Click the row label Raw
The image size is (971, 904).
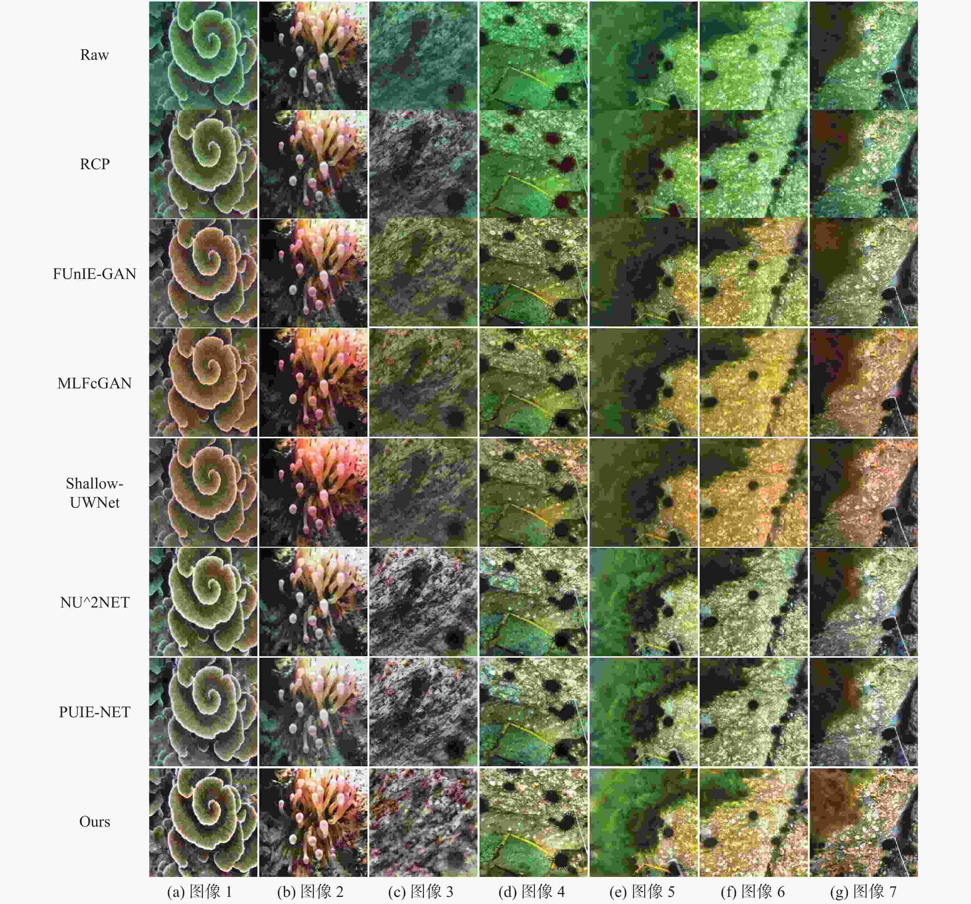click(x=94, y=55)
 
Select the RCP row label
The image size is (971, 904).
click(x=94, y=164)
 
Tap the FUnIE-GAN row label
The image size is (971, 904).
click(x=94, y=273)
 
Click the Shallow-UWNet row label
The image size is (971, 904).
click(x=94, y=493)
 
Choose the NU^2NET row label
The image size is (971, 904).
click(x=94, y=602)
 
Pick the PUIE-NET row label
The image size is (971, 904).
click(x=94, y=712)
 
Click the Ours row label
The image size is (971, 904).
click(x=94, y=821)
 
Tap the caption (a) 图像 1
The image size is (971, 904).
click(x=199, y=892)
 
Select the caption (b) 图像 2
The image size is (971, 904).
click(x=310, y=892)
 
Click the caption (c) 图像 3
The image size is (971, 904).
click(x=420, y=892)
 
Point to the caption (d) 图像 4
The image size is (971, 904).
click(x=531, y=892)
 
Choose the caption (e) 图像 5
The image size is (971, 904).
click(x=642, y=892)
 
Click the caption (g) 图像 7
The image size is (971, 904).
click(x=863, y=892)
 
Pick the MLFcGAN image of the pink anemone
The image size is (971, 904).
click(x=313, y=382)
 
